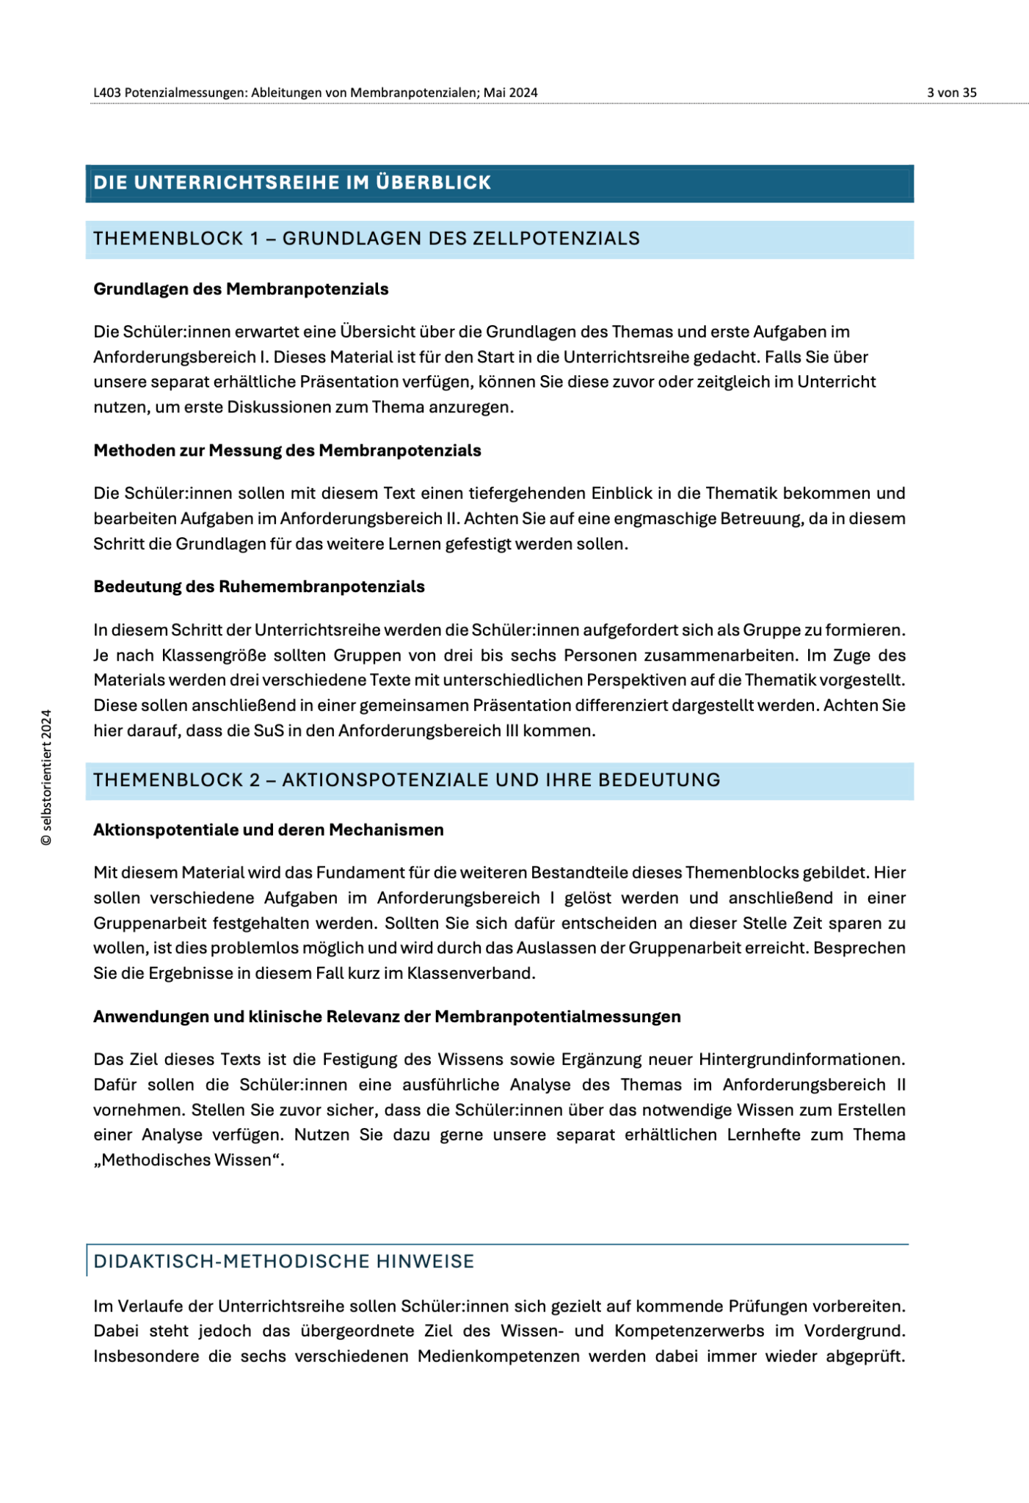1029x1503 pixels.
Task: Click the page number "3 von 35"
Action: pyautogui.click(x=951, y=92)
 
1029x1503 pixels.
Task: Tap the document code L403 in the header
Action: pyautogui.click(x=107, y=92)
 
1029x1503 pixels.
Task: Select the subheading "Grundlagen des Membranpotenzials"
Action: pyautogui.click(x=241, y=289)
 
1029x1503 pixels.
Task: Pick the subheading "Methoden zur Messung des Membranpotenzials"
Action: pyautogui.click(x=287, y=451)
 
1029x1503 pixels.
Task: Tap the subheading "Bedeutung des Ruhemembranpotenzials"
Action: pyautogui.click(x=259, y=587)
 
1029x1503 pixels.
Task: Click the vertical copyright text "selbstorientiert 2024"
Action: pyautogui.click(x=46, y=777)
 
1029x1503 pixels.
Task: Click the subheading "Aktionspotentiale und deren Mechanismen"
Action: pyautogui.click(x=269, y=830)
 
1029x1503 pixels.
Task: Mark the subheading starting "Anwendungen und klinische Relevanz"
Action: pyautogui.click(x=387, y=1016)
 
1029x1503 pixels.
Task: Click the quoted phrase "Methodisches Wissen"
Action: pyautogui.click(x=188, y=1160)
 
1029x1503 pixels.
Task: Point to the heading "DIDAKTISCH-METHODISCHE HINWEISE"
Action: pyautogui.click(x=284, y=1262)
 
